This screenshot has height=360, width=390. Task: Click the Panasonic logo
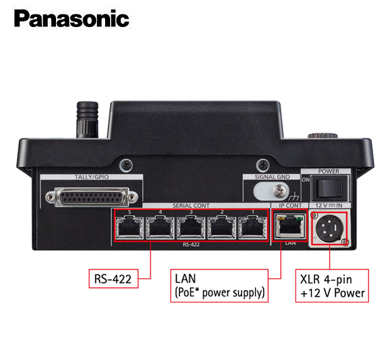(x=72, y=18)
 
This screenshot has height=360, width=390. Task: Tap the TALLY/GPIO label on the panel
(x=92, y=177)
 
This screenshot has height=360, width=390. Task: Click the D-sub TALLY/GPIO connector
(x=92, y=197)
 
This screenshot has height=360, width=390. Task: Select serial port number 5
(x=130, y=227)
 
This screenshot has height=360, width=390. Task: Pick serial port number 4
(x=160, y=227)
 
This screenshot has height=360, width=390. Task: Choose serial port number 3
(x=191, y=227)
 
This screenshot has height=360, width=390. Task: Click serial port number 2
(x=221, y=227)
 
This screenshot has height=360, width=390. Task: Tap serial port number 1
(x=252, y=227)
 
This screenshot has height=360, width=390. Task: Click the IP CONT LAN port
(x=290, y=227)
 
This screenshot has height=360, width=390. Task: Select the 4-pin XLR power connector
(x=329, y=228)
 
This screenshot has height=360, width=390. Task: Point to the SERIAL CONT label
(x=191, y=205)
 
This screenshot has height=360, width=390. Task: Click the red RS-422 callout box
(x=113, y=278)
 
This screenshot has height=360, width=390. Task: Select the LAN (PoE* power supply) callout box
(x=220, y=286)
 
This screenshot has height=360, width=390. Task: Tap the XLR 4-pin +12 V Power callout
(x=332, y=286)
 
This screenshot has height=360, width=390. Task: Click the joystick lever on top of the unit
(x=87, y=119)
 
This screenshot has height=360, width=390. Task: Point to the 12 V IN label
(x=329, y=205)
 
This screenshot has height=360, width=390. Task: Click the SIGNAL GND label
(x=272, y=177)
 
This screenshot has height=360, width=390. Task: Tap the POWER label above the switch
(x=328, y=171)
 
